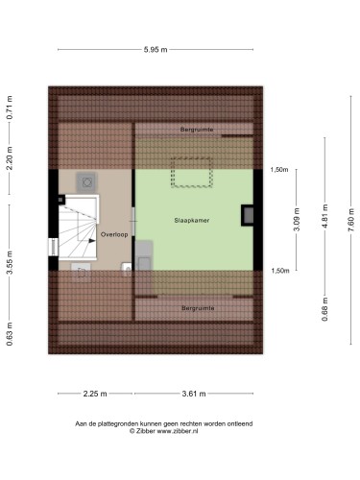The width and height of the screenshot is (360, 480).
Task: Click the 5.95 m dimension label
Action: coord(156,50)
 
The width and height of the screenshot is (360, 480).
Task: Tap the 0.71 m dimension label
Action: coord(10,108)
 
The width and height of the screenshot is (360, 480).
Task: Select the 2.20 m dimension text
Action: coord(10,158)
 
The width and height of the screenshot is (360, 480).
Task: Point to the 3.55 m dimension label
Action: coord(10,262)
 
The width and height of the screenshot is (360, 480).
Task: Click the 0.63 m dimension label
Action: coord(10,334)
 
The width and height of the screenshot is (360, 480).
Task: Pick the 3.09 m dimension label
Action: coord(297,219)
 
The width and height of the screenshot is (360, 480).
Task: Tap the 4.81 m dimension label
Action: coord(325,216)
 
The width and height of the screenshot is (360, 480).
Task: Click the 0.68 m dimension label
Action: coord(325,309)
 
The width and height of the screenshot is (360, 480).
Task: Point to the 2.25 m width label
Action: coord(95,394)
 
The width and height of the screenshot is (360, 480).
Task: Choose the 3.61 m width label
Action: coord(194,394)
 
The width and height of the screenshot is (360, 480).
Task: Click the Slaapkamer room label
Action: coord(192,220)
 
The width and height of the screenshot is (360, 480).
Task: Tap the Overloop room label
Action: coord(114,234)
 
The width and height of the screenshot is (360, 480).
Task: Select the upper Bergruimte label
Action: coord(197,130)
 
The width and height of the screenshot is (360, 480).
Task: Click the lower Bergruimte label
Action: coord(198,308)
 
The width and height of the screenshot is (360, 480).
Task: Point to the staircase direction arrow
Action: coord(92,241)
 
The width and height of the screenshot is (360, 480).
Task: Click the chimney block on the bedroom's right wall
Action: coord(247,215)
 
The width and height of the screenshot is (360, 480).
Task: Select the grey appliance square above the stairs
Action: coord(86,182)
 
